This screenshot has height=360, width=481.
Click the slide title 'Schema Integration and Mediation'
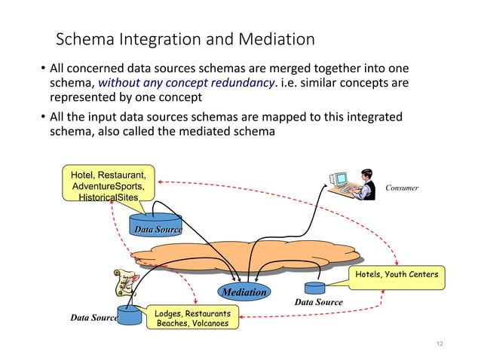click(x=185, y=38)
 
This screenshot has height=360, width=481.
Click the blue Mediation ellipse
click(x=244, y=291)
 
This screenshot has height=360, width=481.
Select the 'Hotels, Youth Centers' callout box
click(x=397, y=274)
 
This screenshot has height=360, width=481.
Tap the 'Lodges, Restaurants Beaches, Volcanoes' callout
click(x=193, y=318)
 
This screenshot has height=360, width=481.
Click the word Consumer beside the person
click(x=402, y=188)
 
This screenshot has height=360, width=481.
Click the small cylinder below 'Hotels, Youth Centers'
click(x=314, y=288)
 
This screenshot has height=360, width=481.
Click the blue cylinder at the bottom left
click(x=129, y=314)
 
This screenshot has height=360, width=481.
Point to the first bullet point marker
click(x=42, y=68)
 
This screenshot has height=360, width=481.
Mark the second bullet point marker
click(x=42, y=117)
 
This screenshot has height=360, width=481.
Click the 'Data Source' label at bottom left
click(x=93, y=319)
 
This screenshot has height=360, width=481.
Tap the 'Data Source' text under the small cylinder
click(x=318, y=302)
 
